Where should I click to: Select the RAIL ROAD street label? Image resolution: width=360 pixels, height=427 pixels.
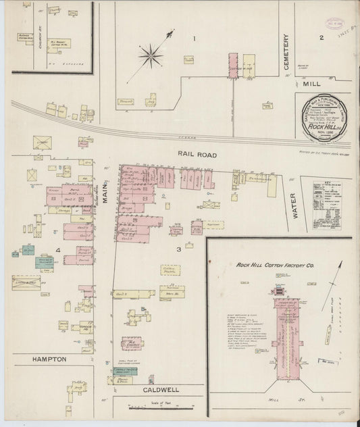click(x=197, y=155)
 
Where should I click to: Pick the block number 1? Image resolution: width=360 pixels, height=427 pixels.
click(x=194, y=39)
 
